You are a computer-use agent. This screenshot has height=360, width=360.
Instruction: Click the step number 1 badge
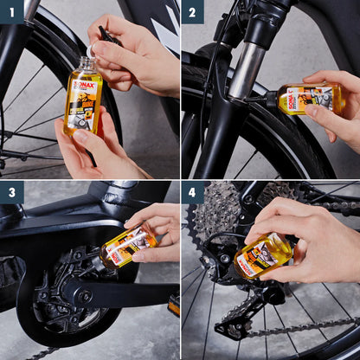click(x=11, y=11)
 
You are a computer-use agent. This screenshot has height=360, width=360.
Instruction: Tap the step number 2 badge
click(x=192, y=11)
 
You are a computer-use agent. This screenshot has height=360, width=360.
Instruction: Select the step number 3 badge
click(x=11, y=192)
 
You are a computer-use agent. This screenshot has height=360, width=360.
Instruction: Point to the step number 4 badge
click(x=192, y=192)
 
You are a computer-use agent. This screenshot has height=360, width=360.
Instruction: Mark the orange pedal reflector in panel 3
click(x=174, y=304)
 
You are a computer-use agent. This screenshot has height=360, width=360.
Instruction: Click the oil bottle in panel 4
click(x=263, y=254)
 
